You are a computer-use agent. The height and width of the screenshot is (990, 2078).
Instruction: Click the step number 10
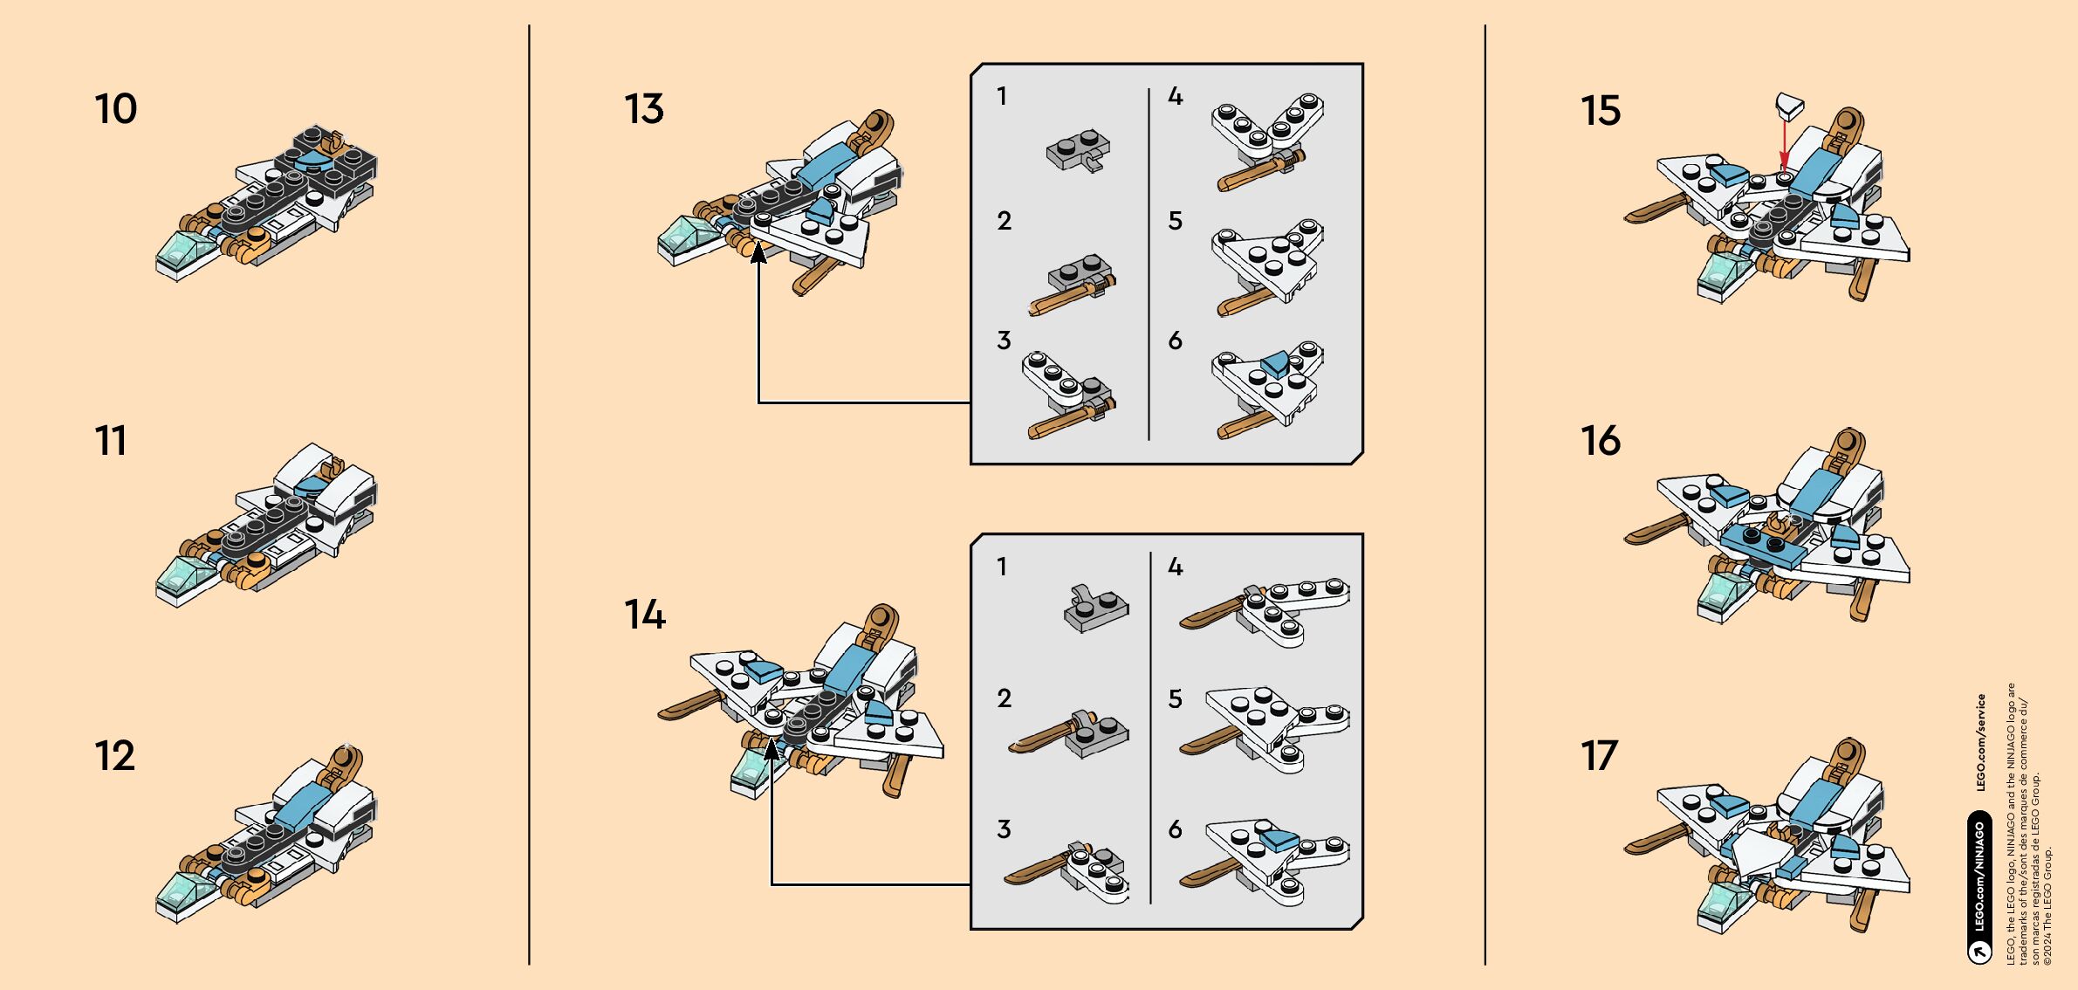point(115,109)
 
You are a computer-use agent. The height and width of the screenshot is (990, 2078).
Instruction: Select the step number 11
point(111,440)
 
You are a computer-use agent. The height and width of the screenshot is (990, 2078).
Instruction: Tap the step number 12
point(114,756)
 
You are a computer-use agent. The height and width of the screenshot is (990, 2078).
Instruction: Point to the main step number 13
point(644,109)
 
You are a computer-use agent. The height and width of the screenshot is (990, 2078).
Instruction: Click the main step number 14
point(644,615)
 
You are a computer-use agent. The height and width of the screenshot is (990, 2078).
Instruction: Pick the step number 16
point(1600,440)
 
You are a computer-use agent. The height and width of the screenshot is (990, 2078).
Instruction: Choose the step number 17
point(1599,756)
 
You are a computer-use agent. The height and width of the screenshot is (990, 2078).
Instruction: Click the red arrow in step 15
point(1785,144)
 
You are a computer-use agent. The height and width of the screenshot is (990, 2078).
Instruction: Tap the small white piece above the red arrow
point(1788,107)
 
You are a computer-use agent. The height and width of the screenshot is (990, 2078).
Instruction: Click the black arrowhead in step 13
point(758,252)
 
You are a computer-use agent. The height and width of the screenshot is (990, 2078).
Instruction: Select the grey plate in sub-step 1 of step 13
point(1079,150)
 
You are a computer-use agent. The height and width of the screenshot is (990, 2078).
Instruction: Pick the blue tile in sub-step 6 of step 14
point(1279,841)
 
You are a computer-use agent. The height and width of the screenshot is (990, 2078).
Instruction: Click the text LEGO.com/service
point(1980,742)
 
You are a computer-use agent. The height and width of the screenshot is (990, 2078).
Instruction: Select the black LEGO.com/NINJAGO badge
point(1979,886)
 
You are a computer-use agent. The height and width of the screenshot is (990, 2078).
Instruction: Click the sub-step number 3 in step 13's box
point(1004,340)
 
